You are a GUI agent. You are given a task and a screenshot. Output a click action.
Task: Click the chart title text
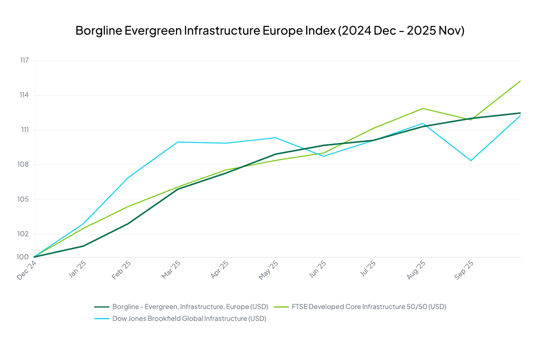point(270,31)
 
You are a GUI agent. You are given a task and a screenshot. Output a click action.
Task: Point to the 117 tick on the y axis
point(24,61)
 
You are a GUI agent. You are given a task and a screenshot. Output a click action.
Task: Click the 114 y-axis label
point(24,95)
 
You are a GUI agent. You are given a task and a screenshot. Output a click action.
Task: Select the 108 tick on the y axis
point(24,165)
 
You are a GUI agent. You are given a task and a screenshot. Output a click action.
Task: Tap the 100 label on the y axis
point(24,257)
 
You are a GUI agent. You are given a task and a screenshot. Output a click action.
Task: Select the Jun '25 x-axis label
point(317,271)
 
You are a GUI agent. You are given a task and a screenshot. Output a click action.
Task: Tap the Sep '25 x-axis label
point(463,271)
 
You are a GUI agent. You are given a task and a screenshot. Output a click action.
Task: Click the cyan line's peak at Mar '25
point(178,142)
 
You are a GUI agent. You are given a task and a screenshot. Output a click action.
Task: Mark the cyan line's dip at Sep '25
point(471,161)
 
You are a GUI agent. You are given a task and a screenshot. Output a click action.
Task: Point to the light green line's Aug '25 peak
point(423,108)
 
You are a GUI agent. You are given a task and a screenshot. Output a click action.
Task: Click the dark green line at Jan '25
point(83,246)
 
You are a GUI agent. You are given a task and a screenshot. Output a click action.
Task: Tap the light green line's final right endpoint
point(520,81)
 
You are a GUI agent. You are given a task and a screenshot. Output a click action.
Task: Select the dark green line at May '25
point(275,154)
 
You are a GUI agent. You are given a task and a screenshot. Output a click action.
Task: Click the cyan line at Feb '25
point(129,178)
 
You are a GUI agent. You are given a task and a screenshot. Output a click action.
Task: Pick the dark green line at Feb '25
point(129,223)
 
